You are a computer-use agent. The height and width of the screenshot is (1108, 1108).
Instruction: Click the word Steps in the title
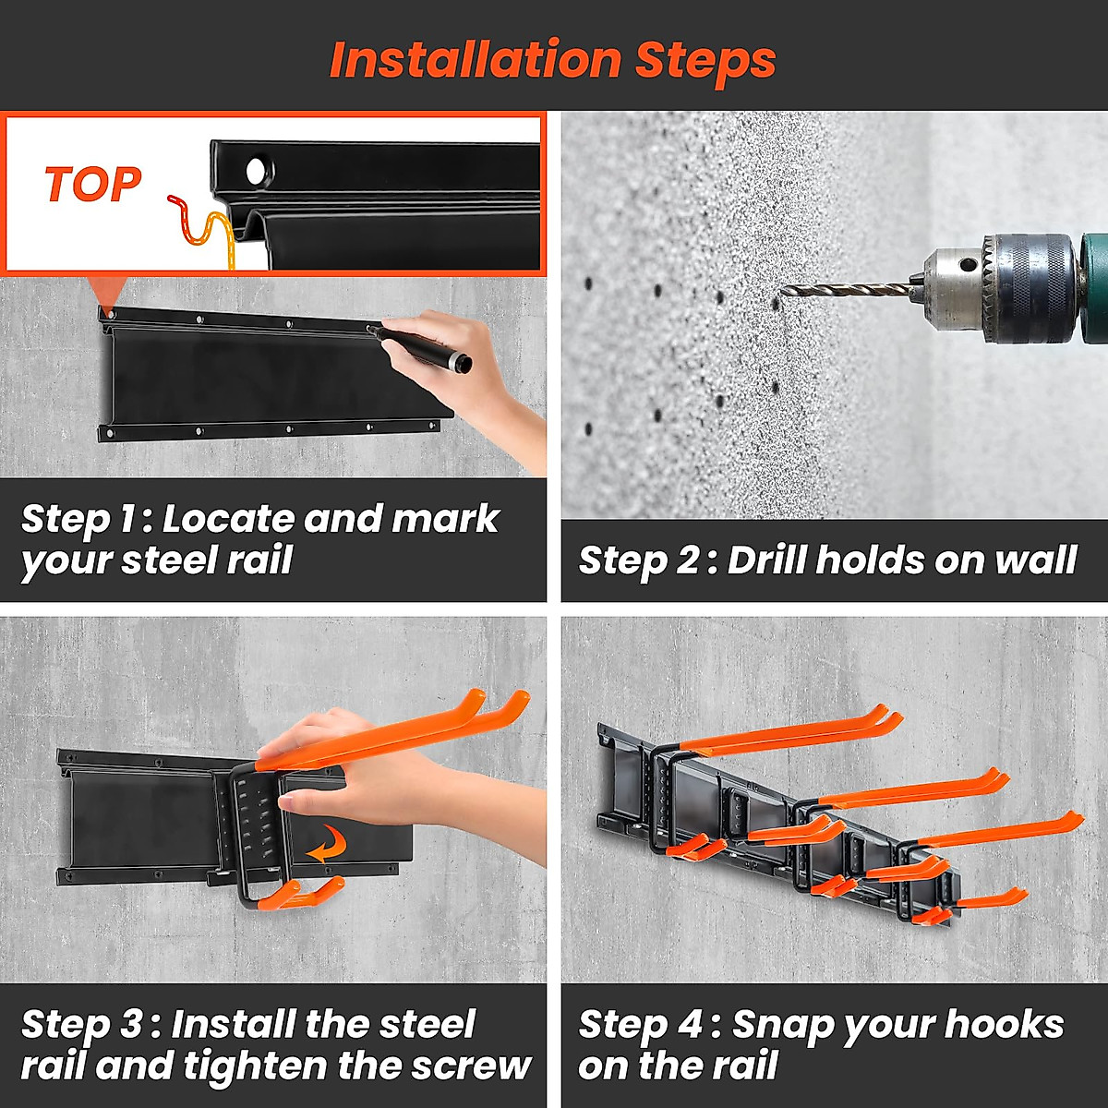(x=705, y=61)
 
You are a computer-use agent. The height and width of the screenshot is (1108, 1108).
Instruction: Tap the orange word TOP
(x=92, y=185)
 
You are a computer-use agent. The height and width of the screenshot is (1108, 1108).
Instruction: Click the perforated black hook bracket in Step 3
(x=252, y=822)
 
